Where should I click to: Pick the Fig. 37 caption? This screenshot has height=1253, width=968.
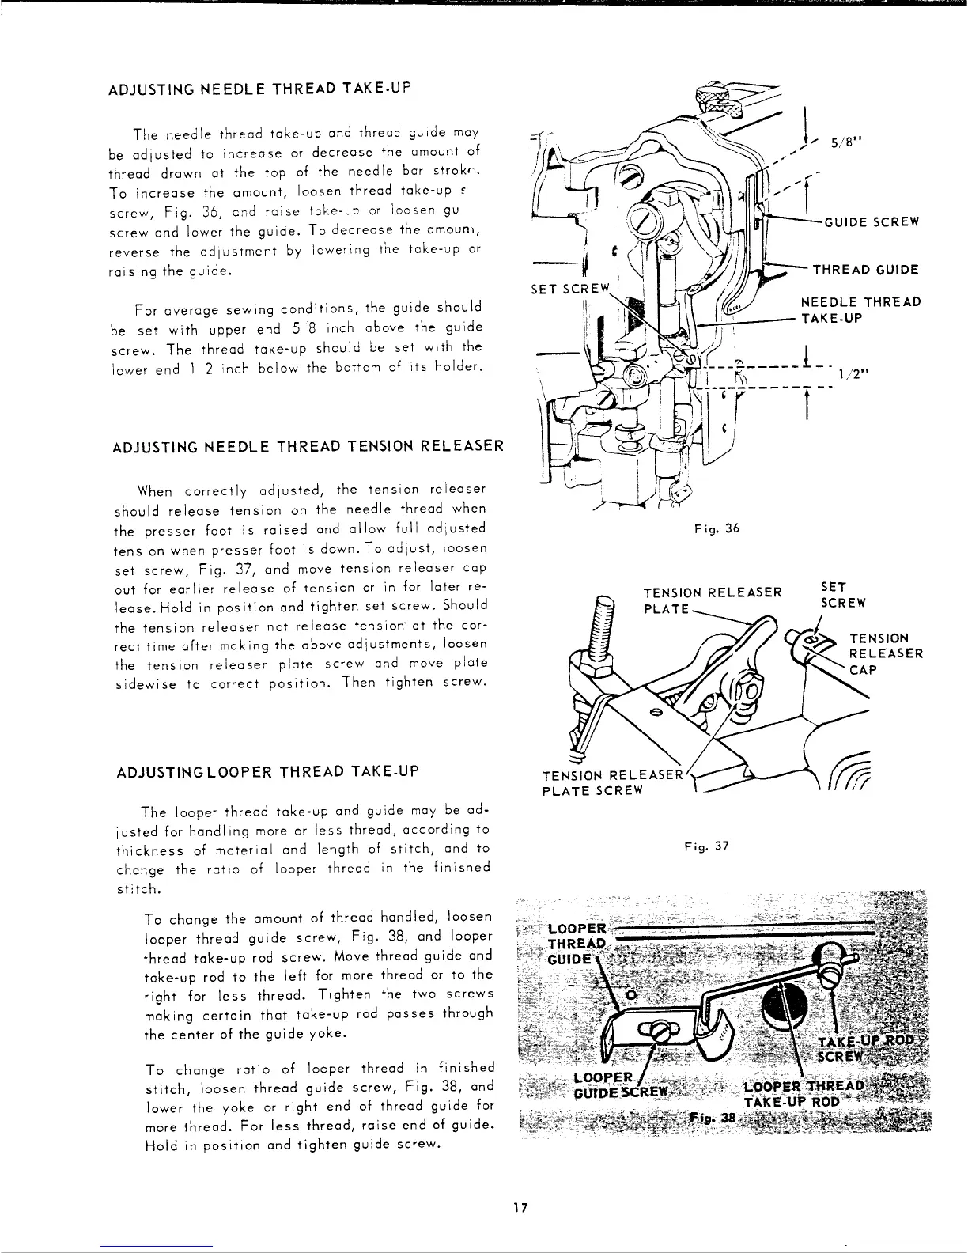coord(707,846)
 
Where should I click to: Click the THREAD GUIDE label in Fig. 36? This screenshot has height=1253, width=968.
coord(867,270)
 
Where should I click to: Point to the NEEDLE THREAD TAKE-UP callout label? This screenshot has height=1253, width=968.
coord(860,309)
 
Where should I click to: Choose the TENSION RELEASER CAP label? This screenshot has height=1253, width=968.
coord(885,653)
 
